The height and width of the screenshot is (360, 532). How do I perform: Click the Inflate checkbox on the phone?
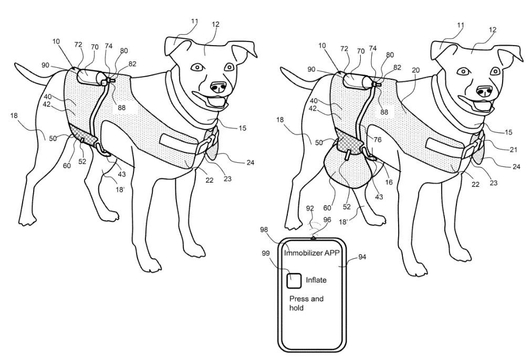(294, 281)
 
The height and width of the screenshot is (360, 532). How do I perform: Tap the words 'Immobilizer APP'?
(312, 253)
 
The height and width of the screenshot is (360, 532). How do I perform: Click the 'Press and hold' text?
(306, 303)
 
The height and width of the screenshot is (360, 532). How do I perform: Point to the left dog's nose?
(217, 88)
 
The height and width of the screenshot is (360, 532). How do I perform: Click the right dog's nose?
(484, 91)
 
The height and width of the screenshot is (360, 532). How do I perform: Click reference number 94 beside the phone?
(362, 257)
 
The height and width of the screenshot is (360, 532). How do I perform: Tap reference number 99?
(266, 253)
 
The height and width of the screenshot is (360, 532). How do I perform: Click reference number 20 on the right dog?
(415, 70)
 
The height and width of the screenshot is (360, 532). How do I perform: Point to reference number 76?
(377, 139)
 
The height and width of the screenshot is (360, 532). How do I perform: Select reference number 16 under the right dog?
(389, 183)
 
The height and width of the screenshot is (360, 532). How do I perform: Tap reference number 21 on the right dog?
(513, 150)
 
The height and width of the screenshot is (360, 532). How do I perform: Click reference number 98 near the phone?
(264, 230)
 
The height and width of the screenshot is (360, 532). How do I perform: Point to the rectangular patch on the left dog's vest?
(179, 143)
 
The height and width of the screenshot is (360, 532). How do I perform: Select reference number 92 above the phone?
(310, 208)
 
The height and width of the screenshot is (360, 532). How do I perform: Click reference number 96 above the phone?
(327, 220)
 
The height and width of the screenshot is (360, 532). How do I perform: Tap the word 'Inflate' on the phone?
(316, 280)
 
